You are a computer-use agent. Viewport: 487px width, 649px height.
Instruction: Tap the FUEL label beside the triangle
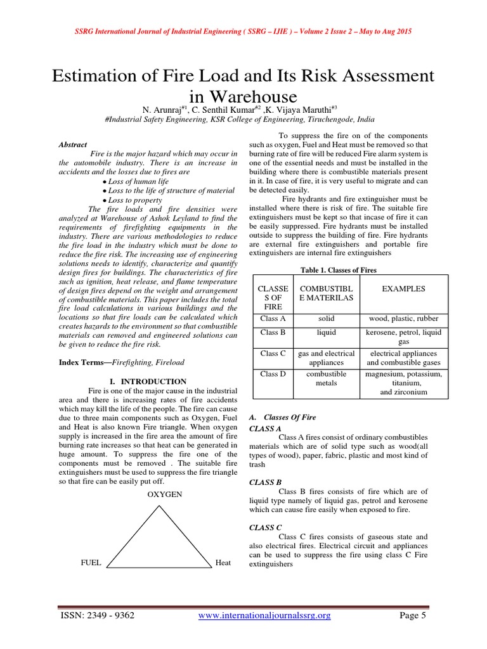click(x=91, y=563)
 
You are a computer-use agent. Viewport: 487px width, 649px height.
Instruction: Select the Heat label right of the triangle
click(x=223, y=563)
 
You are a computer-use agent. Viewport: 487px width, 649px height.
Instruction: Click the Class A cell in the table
click(x=273, y=318)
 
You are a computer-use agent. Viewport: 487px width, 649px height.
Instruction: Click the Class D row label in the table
click(x=273, y=374)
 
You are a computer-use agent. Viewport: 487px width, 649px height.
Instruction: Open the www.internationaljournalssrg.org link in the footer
click(x=264, y=615)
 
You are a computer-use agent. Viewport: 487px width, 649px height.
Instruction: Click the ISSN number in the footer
click(x=97, y=615)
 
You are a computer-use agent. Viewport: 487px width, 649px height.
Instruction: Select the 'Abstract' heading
click(x=73, y=145)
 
